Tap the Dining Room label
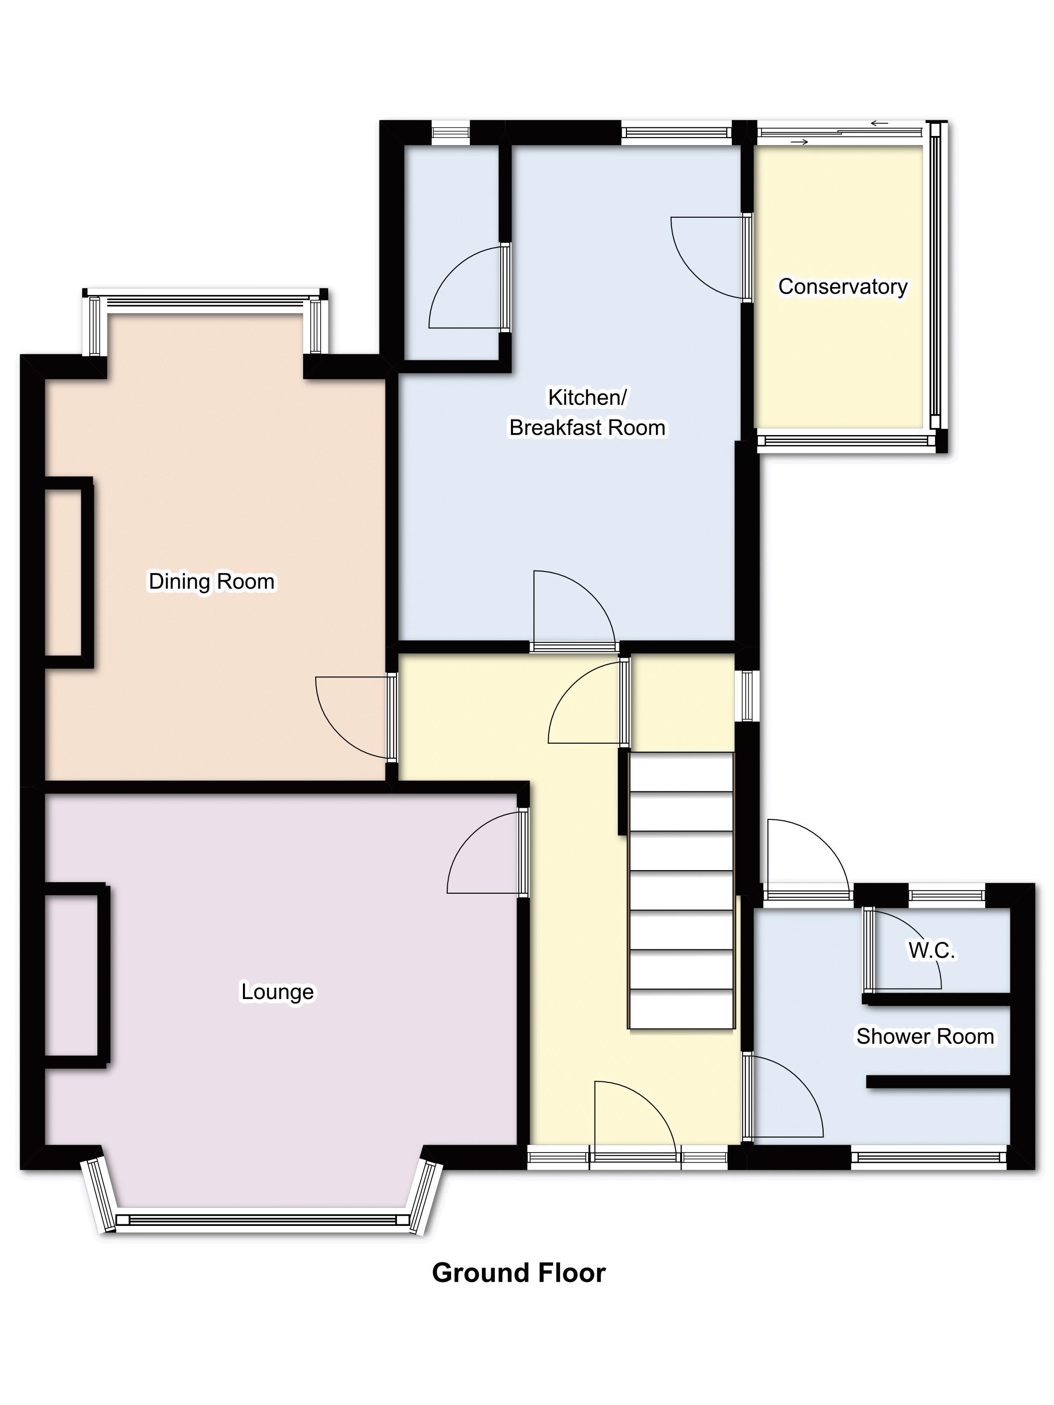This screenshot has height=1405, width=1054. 212,581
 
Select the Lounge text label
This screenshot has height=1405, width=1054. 277,992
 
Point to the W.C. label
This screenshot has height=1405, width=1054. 932,950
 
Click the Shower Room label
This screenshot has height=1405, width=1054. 925,1036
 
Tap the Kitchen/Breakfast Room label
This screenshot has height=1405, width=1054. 588,412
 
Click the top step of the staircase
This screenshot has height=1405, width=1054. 681,772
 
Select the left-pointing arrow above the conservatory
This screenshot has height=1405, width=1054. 879,123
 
